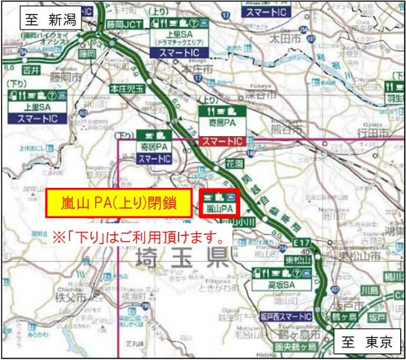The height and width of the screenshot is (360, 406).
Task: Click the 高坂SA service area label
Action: point(282,286)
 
